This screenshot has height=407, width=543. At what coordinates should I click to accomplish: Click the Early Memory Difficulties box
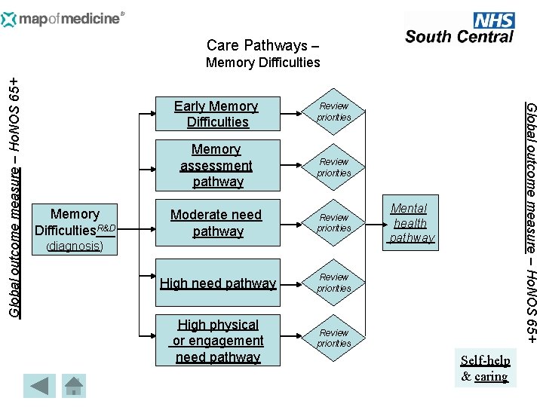(x=216, y=114)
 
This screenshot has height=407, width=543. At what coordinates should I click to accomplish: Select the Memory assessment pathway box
(x=216, y=166)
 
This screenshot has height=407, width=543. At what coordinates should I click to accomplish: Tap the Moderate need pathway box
(x=216, y=223)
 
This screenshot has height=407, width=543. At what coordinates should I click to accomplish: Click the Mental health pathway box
(x=410, y=222)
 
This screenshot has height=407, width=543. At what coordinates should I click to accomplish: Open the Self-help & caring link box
(x=485, y=368)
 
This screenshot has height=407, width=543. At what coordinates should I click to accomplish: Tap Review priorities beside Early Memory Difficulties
(x=334, y=112)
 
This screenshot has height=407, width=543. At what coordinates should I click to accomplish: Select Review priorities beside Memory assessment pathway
(x=334, y=167)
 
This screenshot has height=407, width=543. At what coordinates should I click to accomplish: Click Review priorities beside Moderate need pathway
(x=334, y=223)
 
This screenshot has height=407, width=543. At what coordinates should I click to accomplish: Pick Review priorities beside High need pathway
(x=334, y=283)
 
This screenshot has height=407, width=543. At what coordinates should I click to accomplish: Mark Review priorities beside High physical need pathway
(x=334, y=338)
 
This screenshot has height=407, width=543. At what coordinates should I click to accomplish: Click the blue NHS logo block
(x=493, y=20)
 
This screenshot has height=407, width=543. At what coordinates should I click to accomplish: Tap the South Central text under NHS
(x=459, y=36)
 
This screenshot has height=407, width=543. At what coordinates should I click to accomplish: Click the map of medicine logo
(x=63, y=18)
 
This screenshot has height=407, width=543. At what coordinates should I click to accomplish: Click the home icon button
(x=73, y=386)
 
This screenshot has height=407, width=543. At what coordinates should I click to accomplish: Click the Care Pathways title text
(x=257, y=45)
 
